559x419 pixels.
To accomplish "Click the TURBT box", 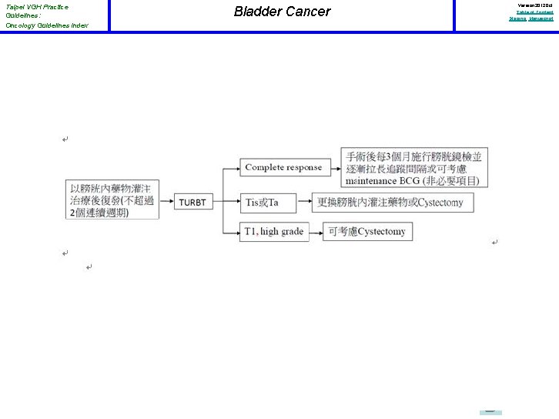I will pos(192,202).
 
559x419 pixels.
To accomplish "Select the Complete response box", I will pos(283,167).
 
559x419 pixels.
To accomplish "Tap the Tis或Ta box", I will pos(273,202).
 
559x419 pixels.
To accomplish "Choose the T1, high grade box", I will pos(274,231).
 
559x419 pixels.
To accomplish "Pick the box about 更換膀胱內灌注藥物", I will pos(393,202).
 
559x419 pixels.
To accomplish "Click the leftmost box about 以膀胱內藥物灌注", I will pos(112,199).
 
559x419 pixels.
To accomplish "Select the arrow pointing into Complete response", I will pos(231,167).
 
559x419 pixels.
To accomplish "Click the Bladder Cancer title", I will pos(282,12).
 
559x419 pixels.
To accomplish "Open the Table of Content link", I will pos(534,12).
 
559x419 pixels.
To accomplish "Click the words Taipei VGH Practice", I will pos(36,7).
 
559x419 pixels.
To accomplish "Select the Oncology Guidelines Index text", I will pos(46,25).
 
